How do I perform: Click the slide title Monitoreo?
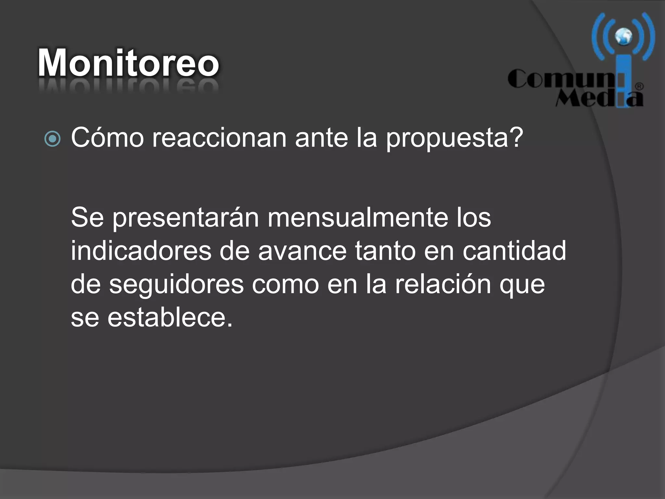click(128, 62)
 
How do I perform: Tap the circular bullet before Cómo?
click(52, 139)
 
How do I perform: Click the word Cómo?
click(107, 138)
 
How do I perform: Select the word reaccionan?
click(219, 138)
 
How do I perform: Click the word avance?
click(302, 251)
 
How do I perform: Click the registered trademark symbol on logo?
click(639, 87)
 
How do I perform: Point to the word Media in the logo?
click(597, 98)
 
